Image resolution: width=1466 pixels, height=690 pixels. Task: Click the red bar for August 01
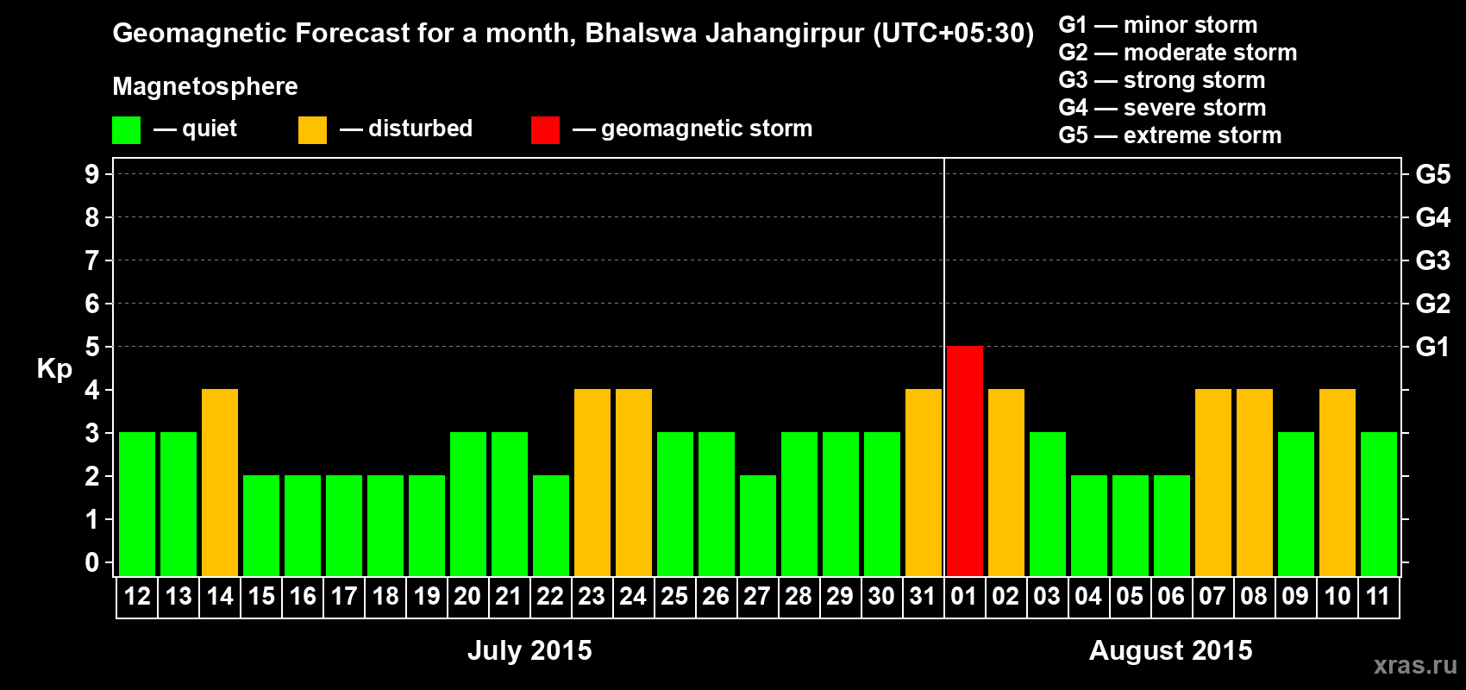tap(964, 461)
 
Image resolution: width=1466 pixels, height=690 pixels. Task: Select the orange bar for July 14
tap(220, 482)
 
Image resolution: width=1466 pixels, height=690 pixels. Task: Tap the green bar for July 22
tap(551, 525)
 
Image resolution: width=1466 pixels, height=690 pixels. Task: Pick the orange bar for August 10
tap(1338, 482)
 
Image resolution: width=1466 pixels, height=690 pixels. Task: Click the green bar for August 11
tap(1379, 504)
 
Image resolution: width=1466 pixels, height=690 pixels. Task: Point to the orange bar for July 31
tap(924, 482)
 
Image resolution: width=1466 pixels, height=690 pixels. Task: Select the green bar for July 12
tap(137, 504)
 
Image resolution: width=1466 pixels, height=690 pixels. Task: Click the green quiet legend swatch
tap(126, 130)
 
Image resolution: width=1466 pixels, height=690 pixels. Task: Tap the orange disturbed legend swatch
tap(312, 130)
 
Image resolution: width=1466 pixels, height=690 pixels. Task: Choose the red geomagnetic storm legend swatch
tap(545, 130)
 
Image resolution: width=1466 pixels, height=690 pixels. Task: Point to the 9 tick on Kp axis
tap(92, 174)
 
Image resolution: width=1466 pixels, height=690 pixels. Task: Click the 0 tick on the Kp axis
tap(92, 563)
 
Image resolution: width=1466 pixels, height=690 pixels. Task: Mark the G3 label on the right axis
tap(1432, 260)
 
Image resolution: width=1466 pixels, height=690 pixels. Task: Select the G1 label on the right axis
tap(1432, 347)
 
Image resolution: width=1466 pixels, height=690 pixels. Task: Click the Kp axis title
tap(54, 369)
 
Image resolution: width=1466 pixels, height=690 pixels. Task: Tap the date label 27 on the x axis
tap(756, 596)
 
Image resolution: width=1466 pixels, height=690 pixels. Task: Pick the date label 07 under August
tap(1212, 596)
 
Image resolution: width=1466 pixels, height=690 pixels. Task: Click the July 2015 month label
tap(529, 650)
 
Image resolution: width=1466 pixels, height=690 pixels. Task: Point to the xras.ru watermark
tap(1415, 664)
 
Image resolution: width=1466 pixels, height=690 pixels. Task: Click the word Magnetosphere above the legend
tap(205, 86)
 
